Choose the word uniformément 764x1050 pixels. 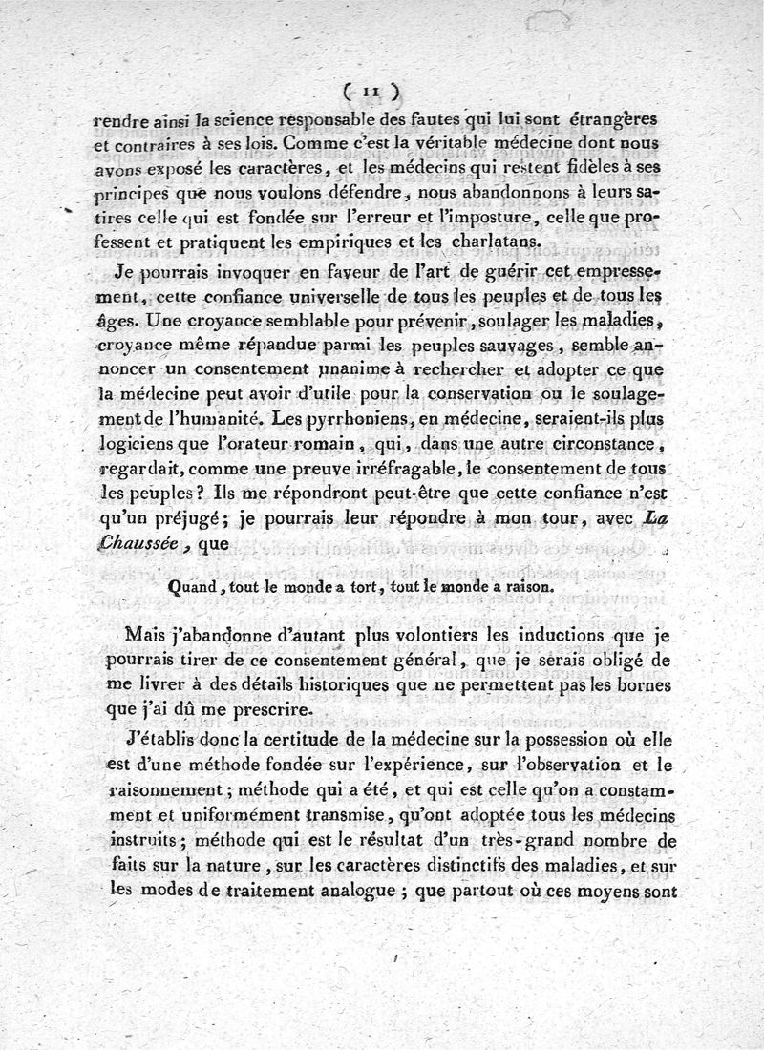point(291,819)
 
